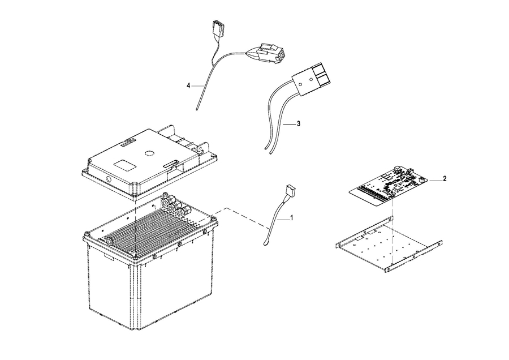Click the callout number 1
[x=292, y=217]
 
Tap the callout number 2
[x=445, y=179]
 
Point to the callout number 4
[x=188, y=85]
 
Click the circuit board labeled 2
[x=390, y=184]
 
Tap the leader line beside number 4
[x=196, y=85]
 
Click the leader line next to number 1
[x=283, y=217]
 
